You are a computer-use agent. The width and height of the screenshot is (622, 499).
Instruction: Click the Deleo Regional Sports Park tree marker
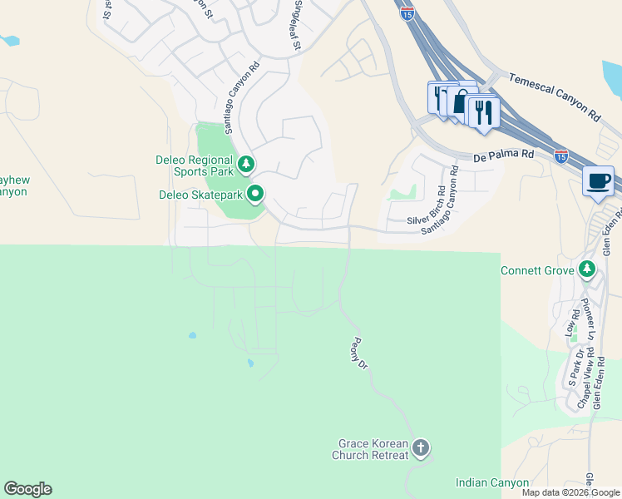[x=245, y=164]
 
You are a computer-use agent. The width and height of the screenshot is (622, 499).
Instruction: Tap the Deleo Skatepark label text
[x=200, y=196]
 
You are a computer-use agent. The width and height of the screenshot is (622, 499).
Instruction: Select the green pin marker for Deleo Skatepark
[x=255, y=195]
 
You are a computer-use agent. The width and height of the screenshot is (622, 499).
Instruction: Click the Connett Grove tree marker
[x=588, y=269]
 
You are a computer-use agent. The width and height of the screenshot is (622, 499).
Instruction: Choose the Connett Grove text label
[x=539, y=271]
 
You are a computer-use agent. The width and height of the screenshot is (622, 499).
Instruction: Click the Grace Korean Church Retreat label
[x=372, y=450]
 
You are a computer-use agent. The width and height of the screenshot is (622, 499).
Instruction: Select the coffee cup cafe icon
[x=598, y=180]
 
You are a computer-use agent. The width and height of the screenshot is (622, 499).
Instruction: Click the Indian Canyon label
[x=492, y=483]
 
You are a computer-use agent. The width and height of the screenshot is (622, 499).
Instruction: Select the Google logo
[x=27, y=489]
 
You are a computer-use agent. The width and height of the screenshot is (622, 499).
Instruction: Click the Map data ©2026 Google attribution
[x=570, y=492]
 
